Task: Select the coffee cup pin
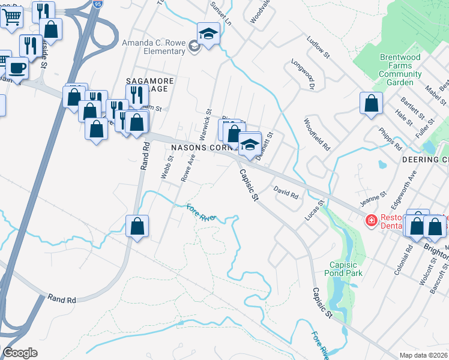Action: point(17,69)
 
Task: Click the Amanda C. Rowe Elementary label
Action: point(153,47)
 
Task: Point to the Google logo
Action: point(20,353)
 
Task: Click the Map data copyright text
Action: point(424,355)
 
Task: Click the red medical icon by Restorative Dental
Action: point(371,221)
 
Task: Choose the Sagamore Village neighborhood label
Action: point(149,86)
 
